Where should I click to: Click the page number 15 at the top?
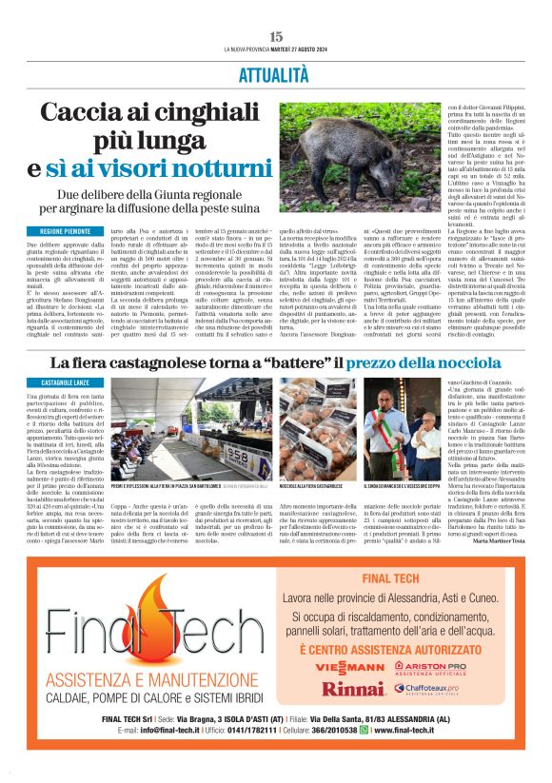click(276, 36)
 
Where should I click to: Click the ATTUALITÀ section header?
click(275, 73)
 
